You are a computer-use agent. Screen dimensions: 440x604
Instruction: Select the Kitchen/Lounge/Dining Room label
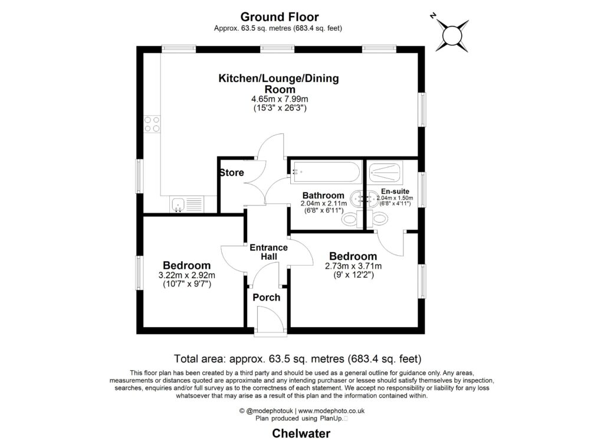pyautogui.click(x=279, y=83)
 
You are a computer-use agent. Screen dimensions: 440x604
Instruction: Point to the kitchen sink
pyautogui.click(x=178, y=205)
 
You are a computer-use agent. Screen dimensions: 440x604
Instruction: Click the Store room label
pyautogui.click(x=232, y=173)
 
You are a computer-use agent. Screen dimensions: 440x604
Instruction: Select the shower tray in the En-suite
pyautogui.click(x=386, y=173)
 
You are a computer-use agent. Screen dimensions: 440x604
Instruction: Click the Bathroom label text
pyautogui.click(x=323, y=195)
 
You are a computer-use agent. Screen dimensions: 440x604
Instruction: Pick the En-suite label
pyautogui.click(x=395, y=191)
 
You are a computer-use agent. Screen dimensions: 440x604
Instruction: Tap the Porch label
pyautogui.click(x=266, y=297)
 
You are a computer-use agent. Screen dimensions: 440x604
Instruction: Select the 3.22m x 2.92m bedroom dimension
pyautogui.click(x=186, y=275)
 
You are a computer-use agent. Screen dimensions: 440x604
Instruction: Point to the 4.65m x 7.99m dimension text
pyautogui.click(x=279, y=99)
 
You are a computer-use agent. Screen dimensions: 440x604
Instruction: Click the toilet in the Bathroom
pyautogui.click(x=350, y=219)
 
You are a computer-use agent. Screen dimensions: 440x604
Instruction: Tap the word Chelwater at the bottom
pyautogui.click(x=301, y=434)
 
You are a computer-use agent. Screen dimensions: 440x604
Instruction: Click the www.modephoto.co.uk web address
pyautogui.click(x=331, y=410)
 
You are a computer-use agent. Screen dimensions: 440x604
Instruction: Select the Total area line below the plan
pyautogui.click(x=298, y=358)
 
